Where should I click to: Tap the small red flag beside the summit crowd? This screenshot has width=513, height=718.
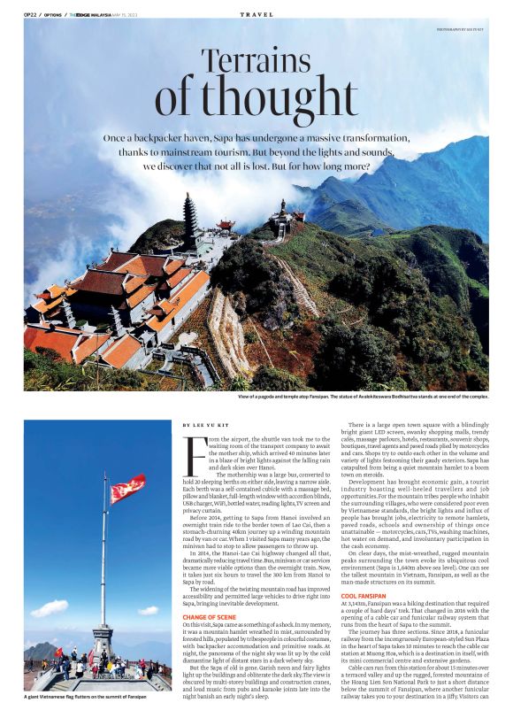coord(59,652)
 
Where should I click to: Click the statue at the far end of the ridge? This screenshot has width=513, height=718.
coord(284,208)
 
